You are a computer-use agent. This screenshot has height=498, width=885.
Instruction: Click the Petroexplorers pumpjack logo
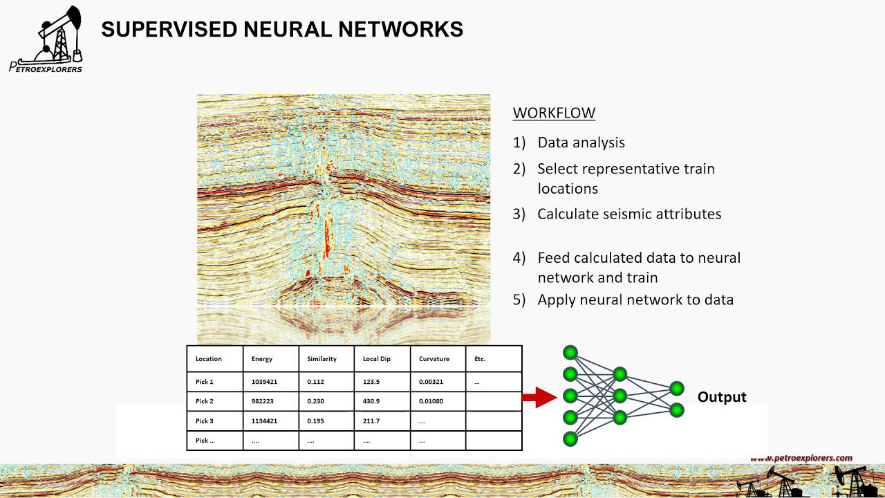pyautogui.click(x=46, y=39)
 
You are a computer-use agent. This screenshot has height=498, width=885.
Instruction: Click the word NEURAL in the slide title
pyautogui.click(x=287, y=29)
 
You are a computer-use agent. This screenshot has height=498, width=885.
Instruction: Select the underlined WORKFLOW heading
pyautogui.click(x=554, y=113)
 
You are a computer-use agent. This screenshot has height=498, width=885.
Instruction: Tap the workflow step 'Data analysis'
pyautogui.click(x=581, y=142)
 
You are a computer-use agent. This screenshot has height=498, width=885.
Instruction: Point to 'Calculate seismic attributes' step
pyautogui.click(x=629, y=214)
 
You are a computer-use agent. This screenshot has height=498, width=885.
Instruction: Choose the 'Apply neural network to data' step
pyautogui.click(x=635, y=300)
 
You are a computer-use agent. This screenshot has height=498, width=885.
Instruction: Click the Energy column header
pyautogui.click(x=262, y=359)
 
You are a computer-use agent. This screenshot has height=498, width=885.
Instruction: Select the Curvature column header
pyautogui.click(x=434, y=359)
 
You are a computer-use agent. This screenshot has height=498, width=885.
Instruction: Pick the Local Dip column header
pyautogui.click(x=377, y=359)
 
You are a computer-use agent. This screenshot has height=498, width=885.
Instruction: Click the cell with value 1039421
pyautogui.click(x=264, y=382)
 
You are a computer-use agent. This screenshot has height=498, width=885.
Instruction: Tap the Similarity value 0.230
pyautogui.click(x=315, y=401)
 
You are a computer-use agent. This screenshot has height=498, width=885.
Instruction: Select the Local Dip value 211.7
pyautogui.click(x=371, y=421)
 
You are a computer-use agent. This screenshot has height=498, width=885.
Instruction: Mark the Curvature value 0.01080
pyautogui.click(x=431, y=401)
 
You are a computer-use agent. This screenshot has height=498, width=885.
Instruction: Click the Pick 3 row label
pyautogui.click(x=204, y=421)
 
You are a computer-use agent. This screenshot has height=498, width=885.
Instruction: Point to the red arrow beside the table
pyautogui.click(x=539, y=397)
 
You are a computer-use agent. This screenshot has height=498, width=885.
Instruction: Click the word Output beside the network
pyautogui.click(x=722, y=397)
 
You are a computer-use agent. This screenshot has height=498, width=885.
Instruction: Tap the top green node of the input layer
pyautogui.click(x=570, y=353)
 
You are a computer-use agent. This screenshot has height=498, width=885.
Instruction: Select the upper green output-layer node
pyautogui.click(x=677, y=389)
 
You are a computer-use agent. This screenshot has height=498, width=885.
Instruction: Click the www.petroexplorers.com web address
pyautogui.click(x=801, y=458)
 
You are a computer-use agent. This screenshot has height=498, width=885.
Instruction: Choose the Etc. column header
pyautogui.click(x=480, y=359)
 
